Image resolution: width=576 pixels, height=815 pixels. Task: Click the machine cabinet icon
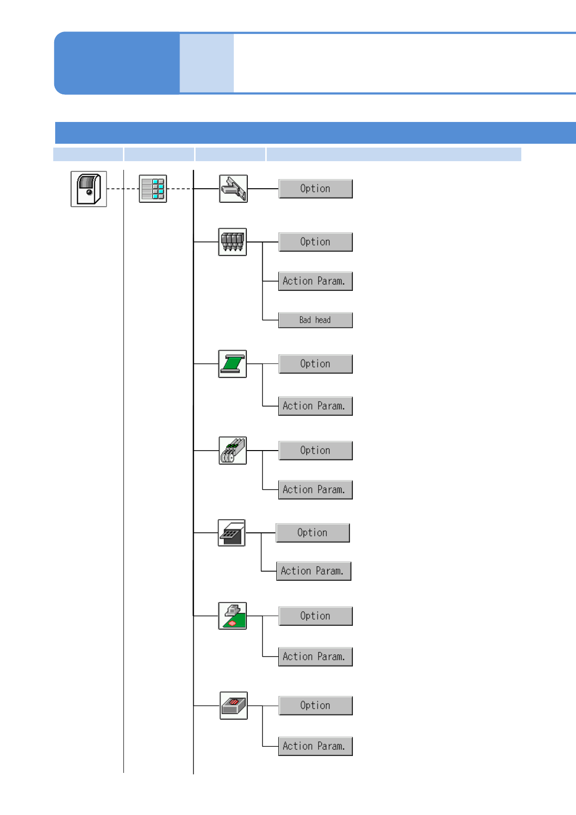tap(89, 189)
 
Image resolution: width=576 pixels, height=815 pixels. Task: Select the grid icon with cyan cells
tap(153, 189)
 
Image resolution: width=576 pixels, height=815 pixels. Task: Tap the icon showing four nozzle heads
tap(232, 242)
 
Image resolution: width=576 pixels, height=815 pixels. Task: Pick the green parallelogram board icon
tap(232, 364)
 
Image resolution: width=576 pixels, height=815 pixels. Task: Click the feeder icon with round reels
tap(233, 451)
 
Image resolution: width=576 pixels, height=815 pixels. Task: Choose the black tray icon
tap(232, 533)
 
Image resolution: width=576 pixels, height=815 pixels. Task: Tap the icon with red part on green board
tap(232, 616)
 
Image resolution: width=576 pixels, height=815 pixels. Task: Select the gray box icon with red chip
tap(234, 706)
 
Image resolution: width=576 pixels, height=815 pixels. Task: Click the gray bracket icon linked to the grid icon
tap(233, 189)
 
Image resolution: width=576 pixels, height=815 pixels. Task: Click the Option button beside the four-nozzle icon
tap(316, 242)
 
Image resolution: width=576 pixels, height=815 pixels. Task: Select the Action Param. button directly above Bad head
tap(316, 281)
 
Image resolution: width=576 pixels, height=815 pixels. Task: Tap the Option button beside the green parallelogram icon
tap(316, 364)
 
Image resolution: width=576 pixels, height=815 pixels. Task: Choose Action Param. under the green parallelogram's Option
tap(316, 406)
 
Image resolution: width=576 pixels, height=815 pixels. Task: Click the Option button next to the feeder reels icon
tap(316, 451)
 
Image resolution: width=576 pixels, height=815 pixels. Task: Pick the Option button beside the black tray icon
tap(313, 533)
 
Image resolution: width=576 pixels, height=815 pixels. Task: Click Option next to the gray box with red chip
tap(316, 706)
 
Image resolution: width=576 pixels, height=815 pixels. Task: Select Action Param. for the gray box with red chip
tap(316, 746)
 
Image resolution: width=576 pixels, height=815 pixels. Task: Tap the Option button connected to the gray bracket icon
tap(316, 189)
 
